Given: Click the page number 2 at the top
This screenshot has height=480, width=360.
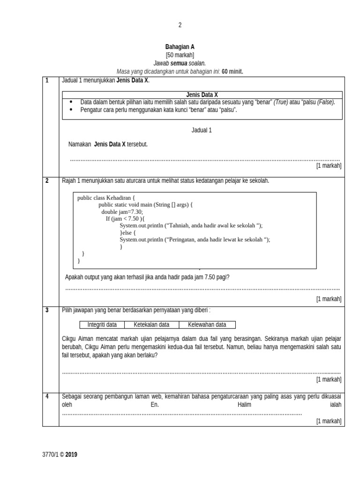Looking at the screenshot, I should [180, 25].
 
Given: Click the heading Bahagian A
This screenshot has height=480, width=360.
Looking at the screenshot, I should [180, 47].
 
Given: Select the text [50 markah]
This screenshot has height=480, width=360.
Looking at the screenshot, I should [180, 55].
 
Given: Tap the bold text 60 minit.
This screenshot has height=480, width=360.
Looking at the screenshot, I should [232, 71].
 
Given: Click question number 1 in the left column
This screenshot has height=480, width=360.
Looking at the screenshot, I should [47, 80].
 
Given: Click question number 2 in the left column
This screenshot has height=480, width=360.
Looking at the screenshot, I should [47, 181].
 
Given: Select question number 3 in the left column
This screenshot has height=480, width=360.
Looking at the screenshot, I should [47, 310].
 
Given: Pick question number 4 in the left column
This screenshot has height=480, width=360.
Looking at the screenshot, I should [47, 397].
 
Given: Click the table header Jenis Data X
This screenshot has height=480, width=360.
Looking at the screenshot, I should [202, 95].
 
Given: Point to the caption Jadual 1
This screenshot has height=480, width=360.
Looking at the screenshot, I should [202, 130].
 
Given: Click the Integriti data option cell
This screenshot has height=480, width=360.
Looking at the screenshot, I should [102, 324].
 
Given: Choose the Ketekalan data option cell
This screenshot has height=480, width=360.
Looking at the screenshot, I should [151, 324].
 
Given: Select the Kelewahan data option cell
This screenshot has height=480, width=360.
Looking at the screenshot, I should [207, 324].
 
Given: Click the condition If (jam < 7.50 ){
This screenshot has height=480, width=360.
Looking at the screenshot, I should [125, 219].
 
